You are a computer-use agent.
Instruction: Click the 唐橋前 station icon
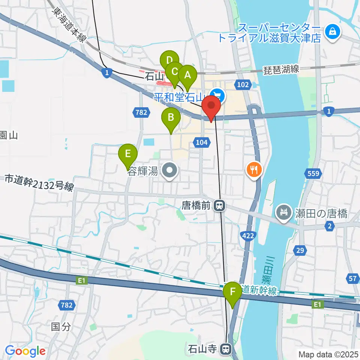219,205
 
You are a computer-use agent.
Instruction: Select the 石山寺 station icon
225,349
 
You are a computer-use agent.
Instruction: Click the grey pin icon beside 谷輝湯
170,171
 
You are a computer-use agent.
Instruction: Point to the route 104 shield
201,142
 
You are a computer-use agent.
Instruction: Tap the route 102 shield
243,85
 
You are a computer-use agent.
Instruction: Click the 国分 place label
60,327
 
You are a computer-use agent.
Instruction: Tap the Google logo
25,351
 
